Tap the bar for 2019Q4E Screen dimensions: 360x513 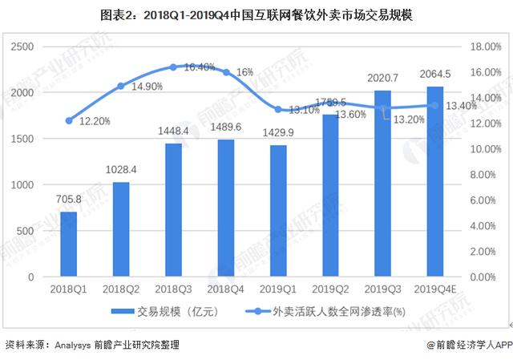coord(434,182)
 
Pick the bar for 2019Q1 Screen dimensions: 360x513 coord(278,211)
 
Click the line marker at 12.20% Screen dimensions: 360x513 coord(69,120)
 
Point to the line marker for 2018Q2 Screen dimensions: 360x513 coord(121,86)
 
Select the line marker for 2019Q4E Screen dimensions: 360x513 coord(434,105)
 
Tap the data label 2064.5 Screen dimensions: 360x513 coord(435,75)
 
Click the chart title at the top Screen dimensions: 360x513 coord(256,15)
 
